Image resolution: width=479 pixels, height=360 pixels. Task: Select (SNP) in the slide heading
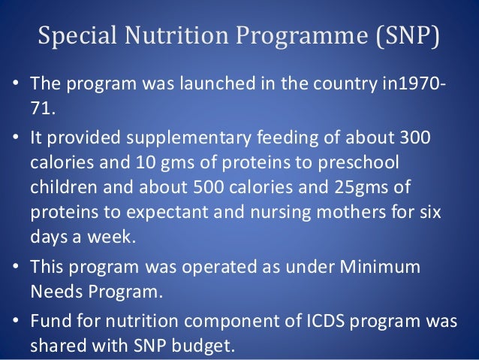coord(404,35)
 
